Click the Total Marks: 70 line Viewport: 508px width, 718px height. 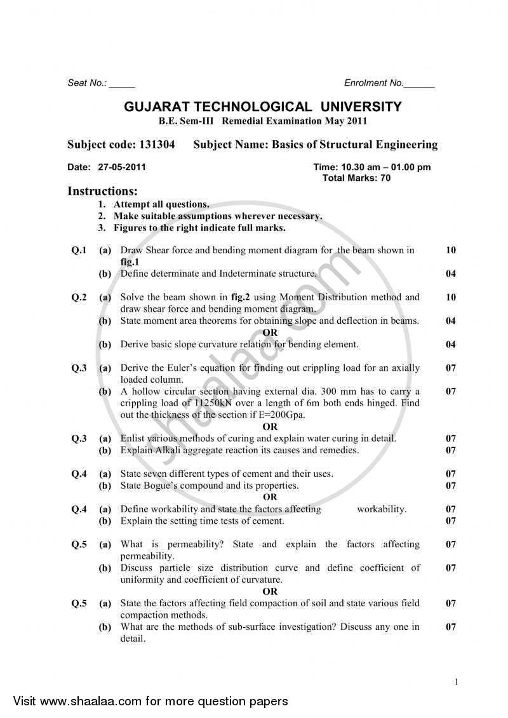(357, 178)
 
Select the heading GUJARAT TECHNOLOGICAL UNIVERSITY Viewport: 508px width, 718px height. (262, 107)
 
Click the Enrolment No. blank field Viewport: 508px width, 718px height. (419, 84)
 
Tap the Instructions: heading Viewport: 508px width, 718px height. (102, 191)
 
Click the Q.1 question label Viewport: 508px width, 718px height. (79, 250)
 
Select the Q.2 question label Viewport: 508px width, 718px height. (79, 297)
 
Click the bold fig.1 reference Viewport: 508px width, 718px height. (130, 262)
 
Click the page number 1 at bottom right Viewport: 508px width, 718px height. (457, 682)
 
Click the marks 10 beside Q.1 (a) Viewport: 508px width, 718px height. (450, 250)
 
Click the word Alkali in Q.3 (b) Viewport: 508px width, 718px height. (168, 451)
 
